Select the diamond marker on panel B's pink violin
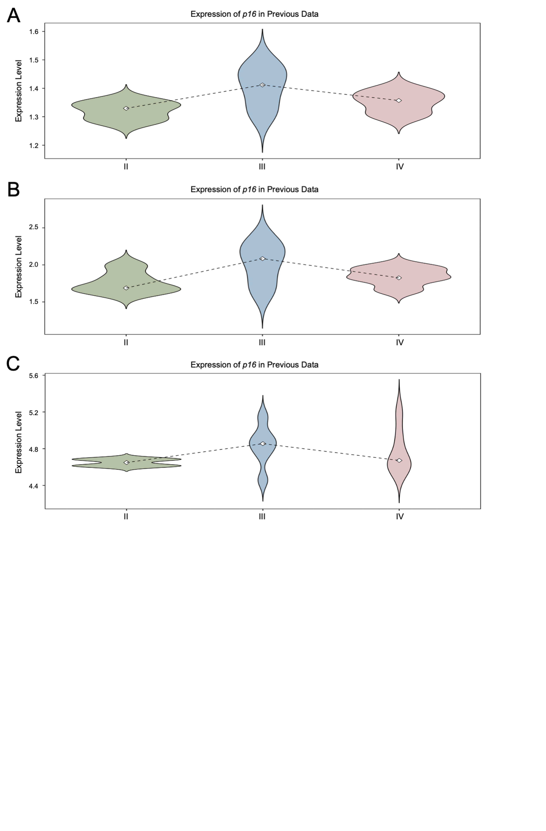[399, 278]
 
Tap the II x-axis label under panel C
[126, 516]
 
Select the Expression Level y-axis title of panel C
[18, 442]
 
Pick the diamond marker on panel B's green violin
[126, 288]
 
